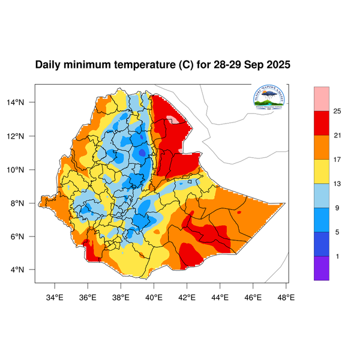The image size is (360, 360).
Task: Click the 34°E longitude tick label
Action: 55,295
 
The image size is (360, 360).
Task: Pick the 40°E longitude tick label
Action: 154,295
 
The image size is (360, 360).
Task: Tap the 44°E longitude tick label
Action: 220,295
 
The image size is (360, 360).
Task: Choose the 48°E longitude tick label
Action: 286,295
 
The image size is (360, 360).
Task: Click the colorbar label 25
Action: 337,111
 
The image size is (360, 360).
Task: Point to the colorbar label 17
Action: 337,160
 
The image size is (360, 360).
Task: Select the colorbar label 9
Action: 337,208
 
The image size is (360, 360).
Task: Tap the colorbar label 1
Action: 337,256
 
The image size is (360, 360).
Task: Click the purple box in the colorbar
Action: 322,268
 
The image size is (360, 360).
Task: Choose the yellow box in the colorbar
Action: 322,172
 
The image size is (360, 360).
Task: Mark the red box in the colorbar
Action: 322,123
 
